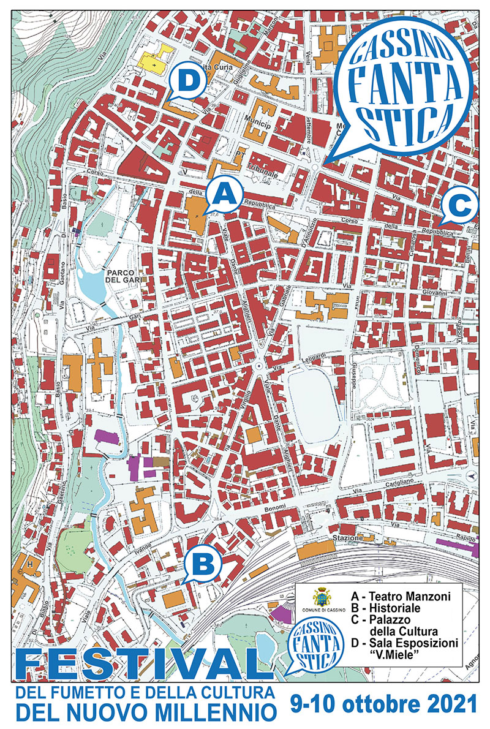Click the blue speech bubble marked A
[224, 195]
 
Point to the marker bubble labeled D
[188, 81]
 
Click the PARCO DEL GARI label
[123, 276]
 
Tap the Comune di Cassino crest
[322, 597]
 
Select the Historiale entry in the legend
[386, 608]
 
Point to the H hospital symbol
[29, 563]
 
